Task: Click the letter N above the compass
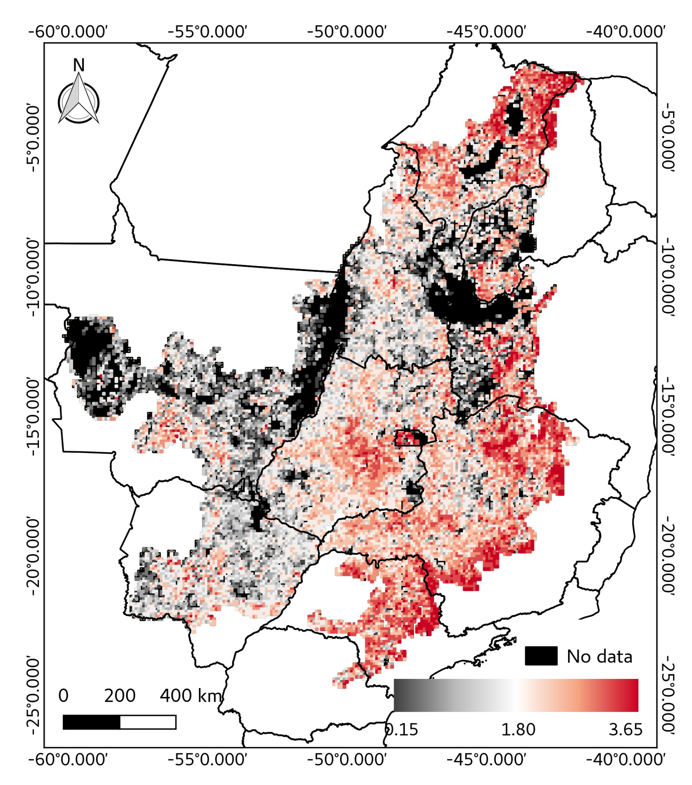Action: click(78, 65)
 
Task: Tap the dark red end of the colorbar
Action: click(630, 696)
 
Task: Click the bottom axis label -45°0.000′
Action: click(486, 760)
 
